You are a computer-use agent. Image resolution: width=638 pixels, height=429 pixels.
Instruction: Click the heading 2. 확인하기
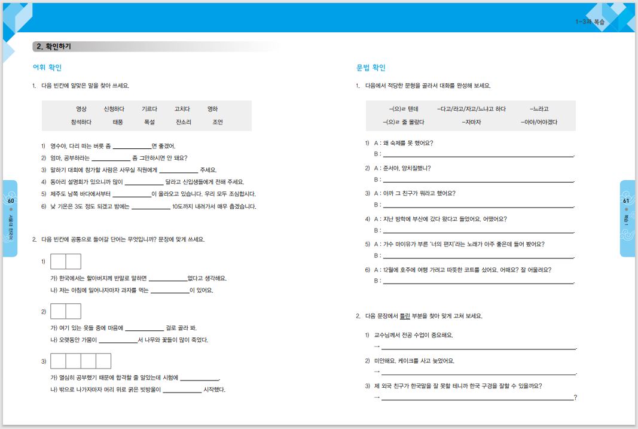tap(54, 46)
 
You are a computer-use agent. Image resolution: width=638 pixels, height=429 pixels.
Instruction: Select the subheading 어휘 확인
tap(47, 68)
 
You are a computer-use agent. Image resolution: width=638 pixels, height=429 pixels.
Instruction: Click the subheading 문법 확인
tap(371, 68)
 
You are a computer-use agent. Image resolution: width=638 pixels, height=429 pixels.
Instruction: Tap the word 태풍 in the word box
tap(117, 122)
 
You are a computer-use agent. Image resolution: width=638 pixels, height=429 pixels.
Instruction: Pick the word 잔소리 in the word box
tap(184, 122)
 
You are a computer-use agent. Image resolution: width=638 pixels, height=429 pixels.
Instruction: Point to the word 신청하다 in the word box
tap(114, 109)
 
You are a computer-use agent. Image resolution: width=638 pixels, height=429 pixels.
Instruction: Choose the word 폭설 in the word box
tap(149, 122)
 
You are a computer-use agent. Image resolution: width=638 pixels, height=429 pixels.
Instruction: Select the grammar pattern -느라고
tap(539, 109)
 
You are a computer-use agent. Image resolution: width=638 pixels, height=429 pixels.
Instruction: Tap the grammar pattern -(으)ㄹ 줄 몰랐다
tap(404, 122)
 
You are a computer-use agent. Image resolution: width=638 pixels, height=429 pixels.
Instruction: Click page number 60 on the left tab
tap(11, 201)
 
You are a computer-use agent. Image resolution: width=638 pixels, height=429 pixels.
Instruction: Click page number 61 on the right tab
tap(626, 201)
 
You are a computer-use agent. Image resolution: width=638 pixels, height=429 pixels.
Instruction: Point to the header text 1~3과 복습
tap(590, 22)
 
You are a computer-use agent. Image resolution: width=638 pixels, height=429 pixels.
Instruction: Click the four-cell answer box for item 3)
tap(81, 361)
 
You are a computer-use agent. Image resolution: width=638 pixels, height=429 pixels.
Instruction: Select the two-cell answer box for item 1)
tap(66, 261)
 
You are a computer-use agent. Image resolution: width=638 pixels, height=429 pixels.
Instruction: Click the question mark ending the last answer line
tap(575, 397)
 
